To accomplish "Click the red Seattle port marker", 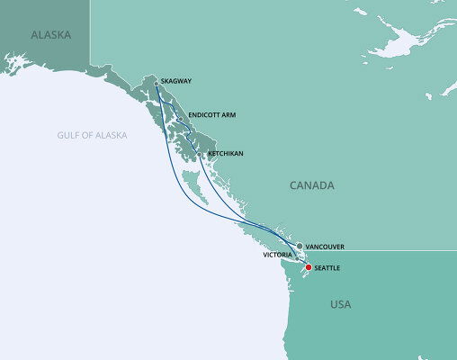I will pos(308,267).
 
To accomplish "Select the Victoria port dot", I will pos(297,258).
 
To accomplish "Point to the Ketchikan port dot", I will pos(200,155).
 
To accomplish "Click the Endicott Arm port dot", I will pos(180,120).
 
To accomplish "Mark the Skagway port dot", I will pos(157,83).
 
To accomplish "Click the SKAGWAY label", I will pos(176,81).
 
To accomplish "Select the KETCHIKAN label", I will pos(225,153).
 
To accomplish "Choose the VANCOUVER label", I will pos(326,245).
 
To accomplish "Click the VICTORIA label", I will pos(277,255).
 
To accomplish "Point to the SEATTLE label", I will pos(329,267).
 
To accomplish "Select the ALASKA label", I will pos(50,36).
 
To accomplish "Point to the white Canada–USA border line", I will pos(387,249).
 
